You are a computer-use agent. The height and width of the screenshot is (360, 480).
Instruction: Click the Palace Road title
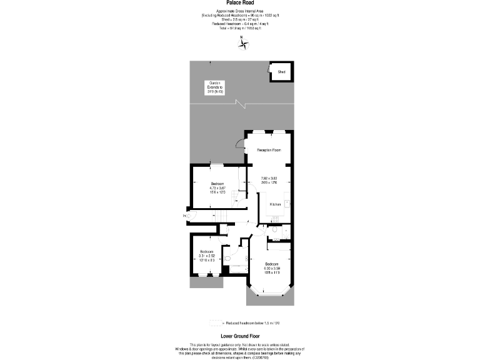[x=239, y=2]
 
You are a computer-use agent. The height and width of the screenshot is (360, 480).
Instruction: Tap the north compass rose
[x=243, y=44]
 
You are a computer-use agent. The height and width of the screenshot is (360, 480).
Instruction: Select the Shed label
[x=281, y=72]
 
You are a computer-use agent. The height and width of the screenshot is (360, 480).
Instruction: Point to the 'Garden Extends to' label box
[x=216, y=87]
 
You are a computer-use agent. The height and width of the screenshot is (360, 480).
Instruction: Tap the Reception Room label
[x=269, y=150]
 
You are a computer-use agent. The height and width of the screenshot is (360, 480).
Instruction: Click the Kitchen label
[x=275, y=204]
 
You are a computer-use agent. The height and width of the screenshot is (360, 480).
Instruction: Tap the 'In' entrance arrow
[x=186, y=216]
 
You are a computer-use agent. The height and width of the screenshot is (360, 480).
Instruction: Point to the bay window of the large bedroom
[x=270, y=294]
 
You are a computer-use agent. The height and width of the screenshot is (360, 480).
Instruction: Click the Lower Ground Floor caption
[x=240, y=336]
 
